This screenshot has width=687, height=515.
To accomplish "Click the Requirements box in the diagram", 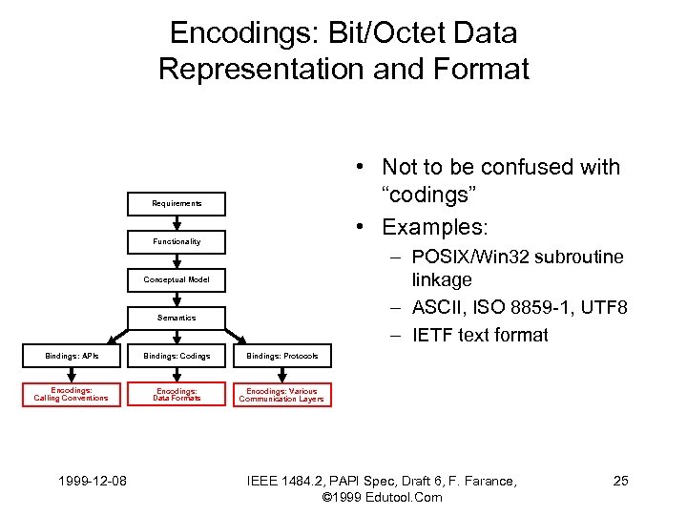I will tap(177, 203).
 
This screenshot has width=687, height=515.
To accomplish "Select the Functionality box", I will tap(177, 241).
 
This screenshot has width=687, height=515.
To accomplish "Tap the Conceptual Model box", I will tap(177, 279).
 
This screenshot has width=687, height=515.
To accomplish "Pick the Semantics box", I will tap(177, 318).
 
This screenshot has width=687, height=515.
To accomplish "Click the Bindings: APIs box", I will tap(72, 357).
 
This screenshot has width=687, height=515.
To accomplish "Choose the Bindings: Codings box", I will tap(177, 357).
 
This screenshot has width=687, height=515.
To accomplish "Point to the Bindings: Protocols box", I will tap(281, 357).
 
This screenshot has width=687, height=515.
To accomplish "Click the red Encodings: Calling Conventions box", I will tap(72, 395).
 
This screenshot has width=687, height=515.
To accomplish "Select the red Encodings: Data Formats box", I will tap(177, 395).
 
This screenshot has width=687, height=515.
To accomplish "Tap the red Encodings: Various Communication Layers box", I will tap(281, 395).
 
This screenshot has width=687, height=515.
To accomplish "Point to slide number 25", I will tap(620, 481).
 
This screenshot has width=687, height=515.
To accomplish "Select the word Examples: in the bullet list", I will tap(435, 227).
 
